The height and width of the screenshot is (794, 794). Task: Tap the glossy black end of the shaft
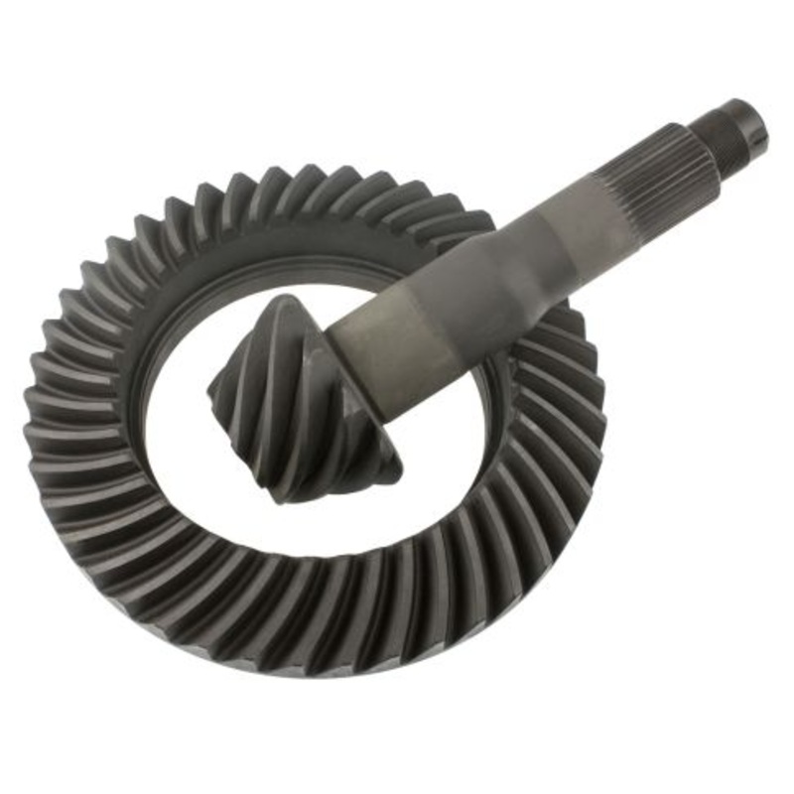(750, 117)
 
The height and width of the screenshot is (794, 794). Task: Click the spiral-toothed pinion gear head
(298, 397)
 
